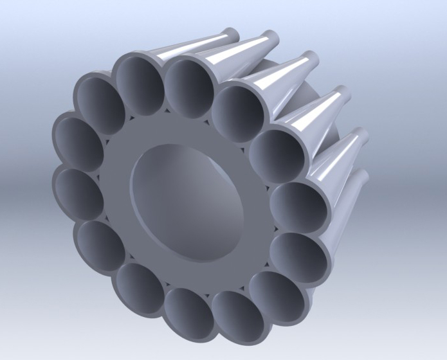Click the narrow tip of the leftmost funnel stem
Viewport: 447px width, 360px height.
(228, 32)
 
